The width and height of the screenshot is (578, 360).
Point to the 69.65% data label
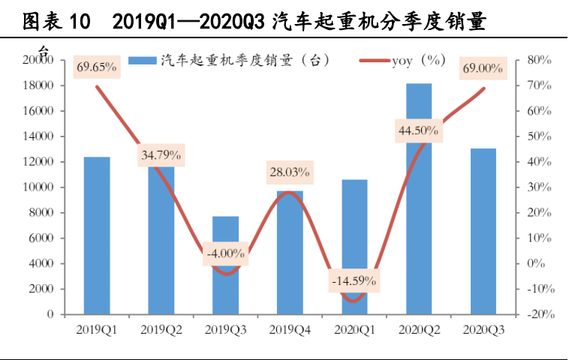(x=97, y=67)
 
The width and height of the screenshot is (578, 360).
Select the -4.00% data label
(x=224, y=253)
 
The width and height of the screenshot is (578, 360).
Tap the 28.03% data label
(x=289, y=172)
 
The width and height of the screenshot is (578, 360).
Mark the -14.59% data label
(x=354, y=281)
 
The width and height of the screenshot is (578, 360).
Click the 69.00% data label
(x=483, y=68)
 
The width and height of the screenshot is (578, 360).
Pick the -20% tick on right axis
(x=539, y=314)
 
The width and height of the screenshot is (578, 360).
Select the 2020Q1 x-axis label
(x=354, y=330)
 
